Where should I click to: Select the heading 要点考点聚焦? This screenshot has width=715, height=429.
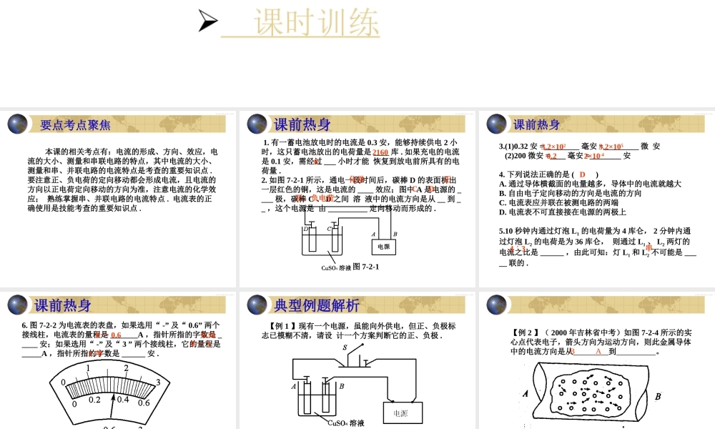click(75, 125)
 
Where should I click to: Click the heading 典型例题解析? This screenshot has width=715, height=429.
click(317, 306)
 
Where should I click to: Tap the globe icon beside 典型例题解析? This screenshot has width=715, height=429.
click(257, 305)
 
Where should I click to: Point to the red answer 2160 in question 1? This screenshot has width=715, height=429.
click(380, 152)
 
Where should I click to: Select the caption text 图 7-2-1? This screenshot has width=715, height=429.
click(365, 267)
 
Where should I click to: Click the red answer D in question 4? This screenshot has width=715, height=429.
click(583, 174)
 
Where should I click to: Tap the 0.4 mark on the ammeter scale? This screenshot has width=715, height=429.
click(123, 400)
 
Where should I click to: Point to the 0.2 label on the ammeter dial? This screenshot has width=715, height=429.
click(94, 400)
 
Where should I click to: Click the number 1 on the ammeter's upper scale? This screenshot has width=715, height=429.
click(88, 369)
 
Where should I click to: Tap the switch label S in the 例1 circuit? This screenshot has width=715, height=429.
click(345, 347)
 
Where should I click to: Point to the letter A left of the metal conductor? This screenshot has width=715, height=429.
click(526, 393)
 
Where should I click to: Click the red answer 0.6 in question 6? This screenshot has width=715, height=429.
click(116, 335)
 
